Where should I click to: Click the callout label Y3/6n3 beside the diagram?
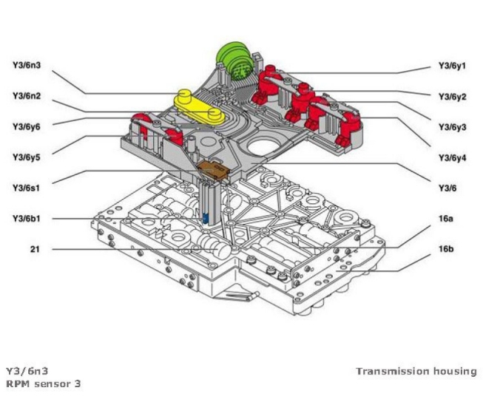(x=27, y=65)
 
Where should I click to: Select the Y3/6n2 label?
(x=27, y=95)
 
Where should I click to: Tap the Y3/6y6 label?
(x=27, y=126)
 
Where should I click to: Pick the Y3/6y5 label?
(x=27, y=157)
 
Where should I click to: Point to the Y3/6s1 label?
(x=27, y=188)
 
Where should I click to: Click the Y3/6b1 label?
(x=27, y=218)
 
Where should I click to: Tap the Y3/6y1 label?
(x=452, y=66)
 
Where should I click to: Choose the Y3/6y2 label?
(x=452, y=97)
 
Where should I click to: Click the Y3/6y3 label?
(x=452, y=127)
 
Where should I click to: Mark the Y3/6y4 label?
(x=452, y=157)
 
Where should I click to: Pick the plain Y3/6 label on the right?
(x=446, y=188)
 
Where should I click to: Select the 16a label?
(x=445, y=219)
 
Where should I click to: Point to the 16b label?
(x=445, y=250)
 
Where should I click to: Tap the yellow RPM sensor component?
(x=198, y=104)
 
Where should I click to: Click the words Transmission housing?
(x=416, y=371)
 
